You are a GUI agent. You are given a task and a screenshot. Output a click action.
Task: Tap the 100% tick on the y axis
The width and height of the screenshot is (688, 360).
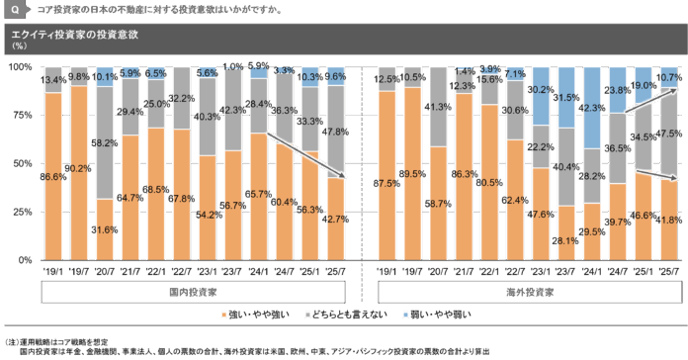[21, 67]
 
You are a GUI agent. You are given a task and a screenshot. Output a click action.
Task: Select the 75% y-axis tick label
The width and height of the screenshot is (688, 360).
[23, 115]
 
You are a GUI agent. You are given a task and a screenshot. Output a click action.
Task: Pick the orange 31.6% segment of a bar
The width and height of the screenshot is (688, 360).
[103, 228]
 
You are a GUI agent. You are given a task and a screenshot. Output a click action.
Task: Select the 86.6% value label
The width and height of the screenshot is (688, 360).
[52, 176]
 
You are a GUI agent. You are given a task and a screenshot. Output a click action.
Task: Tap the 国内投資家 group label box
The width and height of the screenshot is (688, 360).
[193, 292]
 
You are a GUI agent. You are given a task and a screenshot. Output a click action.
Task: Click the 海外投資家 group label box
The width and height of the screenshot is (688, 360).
[529, 292]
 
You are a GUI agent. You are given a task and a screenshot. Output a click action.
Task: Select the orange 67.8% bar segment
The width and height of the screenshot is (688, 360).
[180, 194]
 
